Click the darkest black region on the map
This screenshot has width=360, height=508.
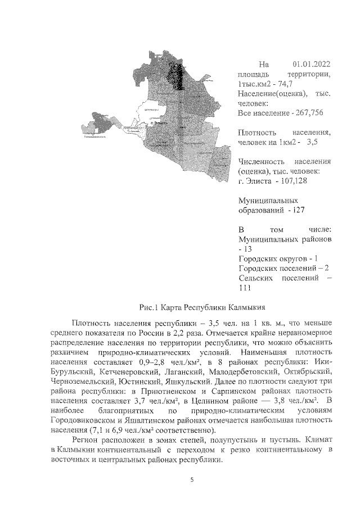point(179,73)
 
